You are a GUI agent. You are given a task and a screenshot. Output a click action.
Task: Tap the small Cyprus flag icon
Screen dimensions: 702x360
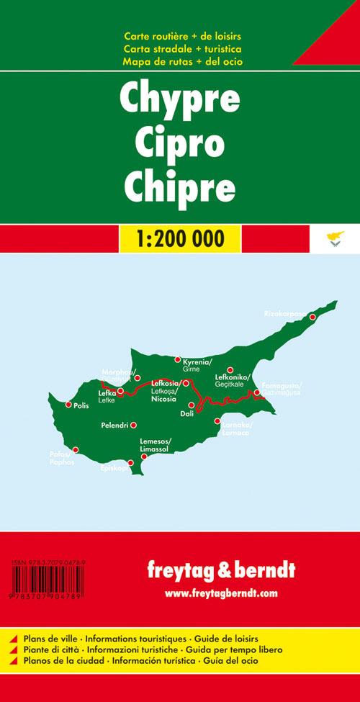point(333,238)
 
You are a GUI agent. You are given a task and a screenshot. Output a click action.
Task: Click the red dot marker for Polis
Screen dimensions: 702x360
point(68,405)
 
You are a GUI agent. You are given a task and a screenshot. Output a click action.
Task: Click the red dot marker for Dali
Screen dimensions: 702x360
point(191,405)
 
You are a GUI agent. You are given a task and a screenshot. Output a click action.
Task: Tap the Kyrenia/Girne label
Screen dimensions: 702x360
point(197,364)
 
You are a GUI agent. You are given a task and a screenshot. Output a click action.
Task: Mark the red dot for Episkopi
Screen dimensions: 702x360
point(130,464)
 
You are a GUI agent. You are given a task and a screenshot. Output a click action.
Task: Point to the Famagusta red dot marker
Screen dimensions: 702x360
point(257,392)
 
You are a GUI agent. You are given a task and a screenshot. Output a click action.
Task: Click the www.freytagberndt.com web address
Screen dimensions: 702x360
point(220,593)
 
